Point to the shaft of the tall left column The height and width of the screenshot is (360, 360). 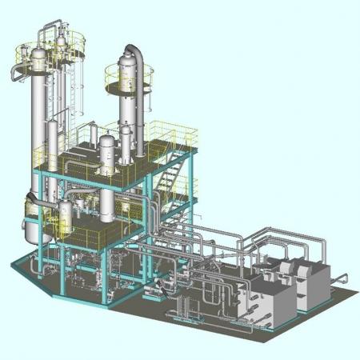(x=38, y=128)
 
